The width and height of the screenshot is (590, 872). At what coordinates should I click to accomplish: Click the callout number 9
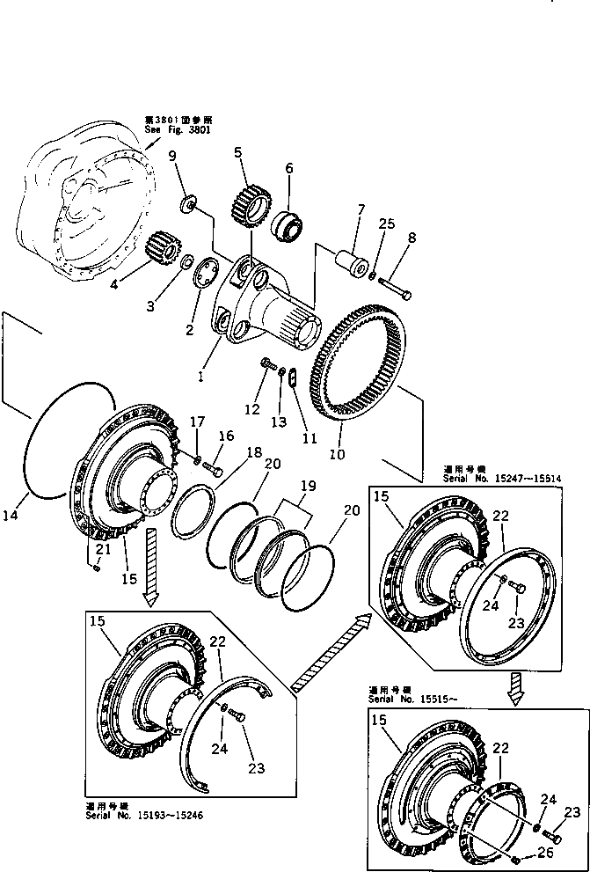pos(172,157)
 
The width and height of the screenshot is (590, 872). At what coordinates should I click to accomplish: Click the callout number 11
pos(308,414)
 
